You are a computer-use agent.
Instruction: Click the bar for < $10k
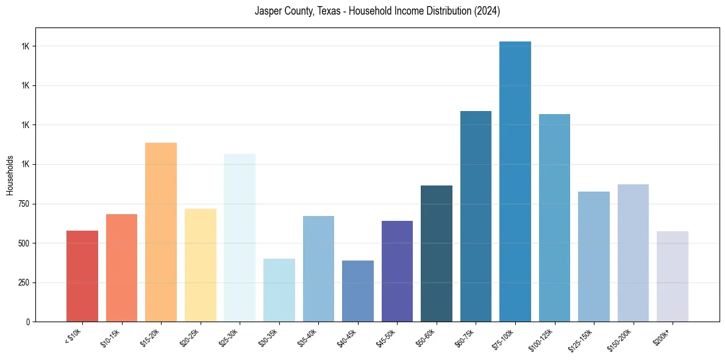pyautogui.click(x=82, y=276)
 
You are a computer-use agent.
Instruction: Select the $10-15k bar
pyautogui.click(x=121, y=268)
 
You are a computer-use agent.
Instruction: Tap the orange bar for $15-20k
pyautogui.click(x=161, y=232)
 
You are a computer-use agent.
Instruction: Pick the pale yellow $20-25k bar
pyautogui.click(x=200, y=265)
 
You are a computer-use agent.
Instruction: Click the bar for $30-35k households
pyautogui.click(x=279, y=290)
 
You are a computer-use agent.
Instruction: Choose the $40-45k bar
pyautogui.click(x=357, y=291)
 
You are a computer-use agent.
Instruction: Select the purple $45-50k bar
pyautogui.click(x=397, y=271)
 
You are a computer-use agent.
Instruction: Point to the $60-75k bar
pyautogui.click(x=476, y=216)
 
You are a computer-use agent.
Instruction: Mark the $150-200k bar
pyautogui.click(x=633, y=253)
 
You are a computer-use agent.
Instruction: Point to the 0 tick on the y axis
pyautogui.click(x=29, y=322)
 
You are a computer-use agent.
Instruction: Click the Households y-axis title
pyautogui.click(x=10, y=175)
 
